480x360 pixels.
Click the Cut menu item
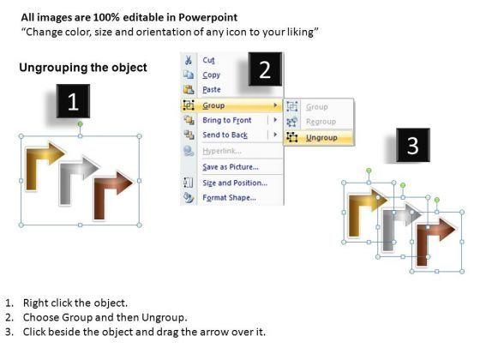[x=208, y=60]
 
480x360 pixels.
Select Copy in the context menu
[x=211, y=75]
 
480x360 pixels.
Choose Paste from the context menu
[x=212, y=89]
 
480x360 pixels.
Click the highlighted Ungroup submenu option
[x=321, y=138]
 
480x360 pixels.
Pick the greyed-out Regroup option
[x=321, y=122]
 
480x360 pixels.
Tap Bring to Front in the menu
[x=227, y=120]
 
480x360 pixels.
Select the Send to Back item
[x=225, y=135]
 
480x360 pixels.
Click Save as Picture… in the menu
[x=231, y=167]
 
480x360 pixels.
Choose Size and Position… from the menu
[x=235, y=183]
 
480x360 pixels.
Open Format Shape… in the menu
[x=230, y=198]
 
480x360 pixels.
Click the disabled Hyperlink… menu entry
[x=222, y=151]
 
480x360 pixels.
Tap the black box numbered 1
[x=73, y=101]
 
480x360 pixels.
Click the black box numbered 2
[x=265, y=69]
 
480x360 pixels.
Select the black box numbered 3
[x=413, y=145]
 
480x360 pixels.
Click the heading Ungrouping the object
[x=83, y=68]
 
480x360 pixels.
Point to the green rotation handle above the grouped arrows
[x=80, y=124]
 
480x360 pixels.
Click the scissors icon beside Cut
[x=189, y=60]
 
